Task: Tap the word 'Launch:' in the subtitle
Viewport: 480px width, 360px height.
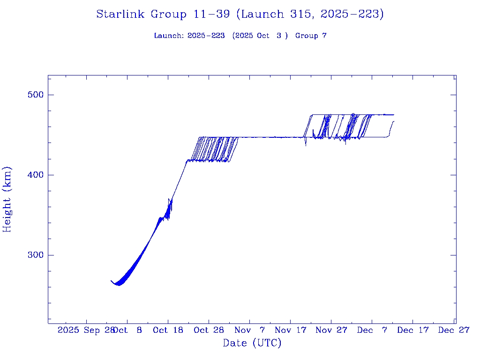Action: click(x=169, y=36)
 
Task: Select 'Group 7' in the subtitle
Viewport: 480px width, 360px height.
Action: click(x=311, y=36)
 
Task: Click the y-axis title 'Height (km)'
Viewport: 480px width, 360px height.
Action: click(x=7, y=199)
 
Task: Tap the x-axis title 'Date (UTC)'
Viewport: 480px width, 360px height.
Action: click(x=252, y=344)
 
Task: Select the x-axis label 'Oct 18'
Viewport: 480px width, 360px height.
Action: click(x=168, y=330)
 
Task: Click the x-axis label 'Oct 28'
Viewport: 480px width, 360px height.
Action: click(x=209, y=330)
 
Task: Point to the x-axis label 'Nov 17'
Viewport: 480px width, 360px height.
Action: click(x=291, y=330)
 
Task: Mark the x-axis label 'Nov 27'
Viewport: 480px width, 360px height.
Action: click(x=331, y=330)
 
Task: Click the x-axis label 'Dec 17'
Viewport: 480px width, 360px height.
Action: click(x=413, y=330)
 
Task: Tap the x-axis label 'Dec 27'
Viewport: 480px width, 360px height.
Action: click(x=454, y=330)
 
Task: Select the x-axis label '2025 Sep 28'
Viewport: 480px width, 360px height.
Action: click(x=86, y=330)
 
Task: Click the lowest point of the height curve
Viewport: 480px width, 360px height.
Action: click(x=119, y=285)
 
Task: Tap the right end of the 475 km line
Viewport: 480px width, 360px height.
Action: click(x=394, y=114)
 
